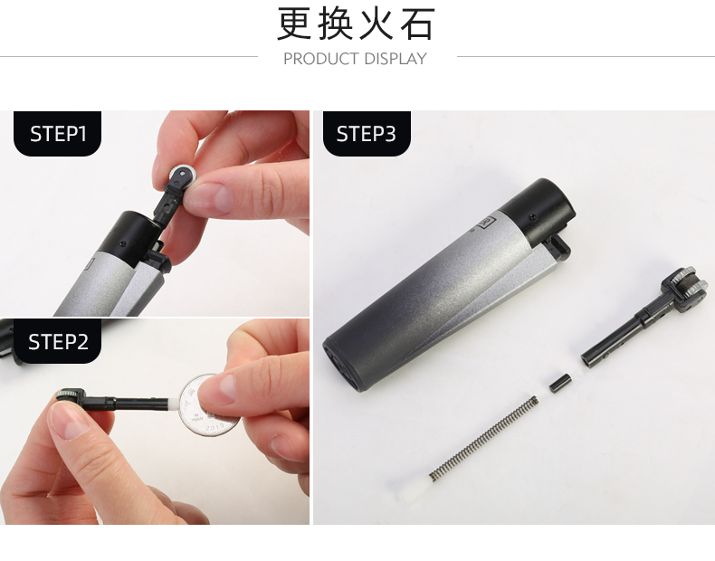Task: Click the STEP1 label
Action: pyautogui.click(x=57, y=134)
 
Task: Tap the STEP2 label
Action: pyautogui.click(x=57, y=341)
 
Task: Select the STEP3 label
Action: pyautogui.click(x=367, y=134)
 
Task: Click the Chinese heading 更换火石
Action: pyautogui.click(x=356, y=24)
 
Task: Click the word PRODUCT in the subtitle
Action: pyautogui.click(x=321, y=59)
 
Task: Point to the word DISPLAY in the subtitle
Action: pyautogui.click(x=396, y=59)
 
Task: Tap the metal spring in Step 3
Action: pyautogui.click(x=484, y=438)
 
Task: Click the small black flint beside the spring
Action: pyautogui.click(x=560, y=383)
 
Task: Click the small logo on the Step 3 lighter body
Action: pyautogui.click(x=488, y=223)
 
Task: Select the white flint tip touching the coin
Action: pyautogui.click(x=174, y=404)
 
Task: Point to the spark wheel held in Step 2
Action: pyautogui.click(x=70, y=395)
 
